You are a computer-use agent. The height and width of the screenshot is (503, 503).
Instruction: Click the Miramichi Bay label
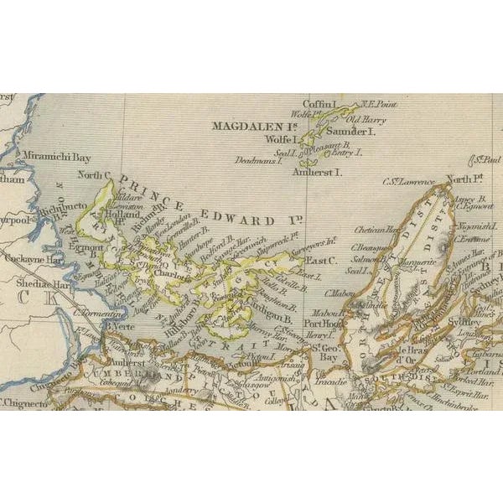(55, 157)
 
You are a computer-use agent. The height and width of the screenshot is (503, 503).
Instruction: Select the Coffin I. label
(319, 104)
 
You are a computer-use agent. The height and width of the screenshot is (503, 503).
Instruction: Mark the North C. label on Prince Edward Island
(95, 175)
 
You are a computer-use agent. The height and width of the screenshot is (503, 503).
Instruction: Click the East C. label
(320, 261)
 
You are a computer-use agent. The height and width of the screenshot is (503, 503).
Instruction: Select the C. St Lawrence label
(408, 181)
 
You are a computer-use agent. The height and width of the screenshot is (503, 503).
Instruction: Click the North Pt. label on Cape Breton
(462, 179)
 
